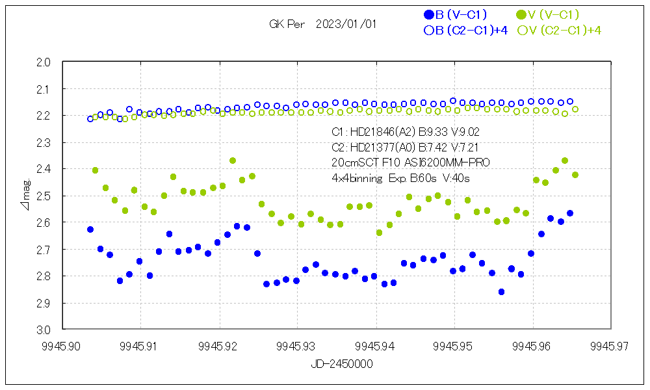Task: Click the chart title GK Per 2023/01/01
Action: click(322, 24)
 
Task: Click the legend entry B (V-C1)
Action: click(455, 14)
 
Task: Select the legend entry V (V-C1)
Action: click(547, 14)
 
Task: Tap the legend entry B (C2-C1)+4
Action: click(465, 30)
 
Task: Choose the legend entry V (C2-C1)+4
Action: click(559, 30)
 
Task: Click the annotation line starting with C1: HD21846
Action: click(406, 132)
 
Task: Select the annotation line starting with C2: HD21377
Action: click(405, 148)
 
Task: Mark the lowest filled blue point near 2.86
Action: click(501, 292)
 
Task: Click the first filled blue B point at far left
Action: click(90, 229)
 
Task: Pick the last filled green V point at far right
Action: click(575, 175)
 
